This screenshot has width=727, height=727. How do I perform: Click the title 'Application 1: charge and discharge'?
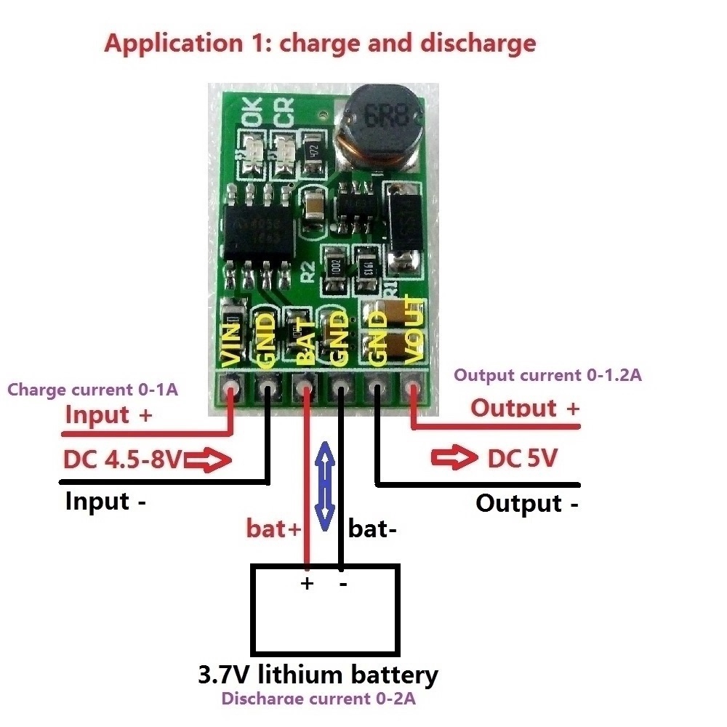pyautogui.click(x=320, y=43)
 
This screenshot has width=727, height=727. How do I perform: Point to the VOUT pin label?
pyautogui.click(x=412, y=331)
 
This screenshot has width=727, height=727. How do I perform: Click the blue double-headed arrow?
pyautogui.click(x=326, y=483)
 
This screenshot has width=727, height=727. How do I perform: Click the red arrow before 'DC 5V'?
pyautogui.click(x=451, y=459)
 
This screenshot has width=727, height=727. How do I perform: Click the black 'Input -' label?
pyautogui.click(x=106, y=502)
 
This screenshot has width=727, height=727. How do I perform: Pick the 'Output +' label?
pyautogui.click(x=524, y=408)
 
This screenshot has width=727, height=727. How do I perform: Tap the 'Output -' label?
pyautogui.click(x=527, y=503)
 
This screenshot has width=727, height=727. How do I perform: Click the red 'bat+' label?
pyautogui.click(x=273, y=529)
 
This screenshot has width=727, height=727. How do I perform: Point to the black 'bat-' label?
pyautogui.click(x=372, y=529)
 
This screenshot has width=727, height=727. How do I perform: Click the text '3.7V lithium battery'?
pyautogui.click(x=318, y=675)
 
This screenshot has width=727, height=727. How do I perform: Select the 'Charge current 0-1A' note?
pyautogui.click(x=92, y=390)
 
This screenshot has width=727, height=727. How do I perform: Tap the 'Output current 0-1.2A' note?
pyautogui.click(x=547, y=375)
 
